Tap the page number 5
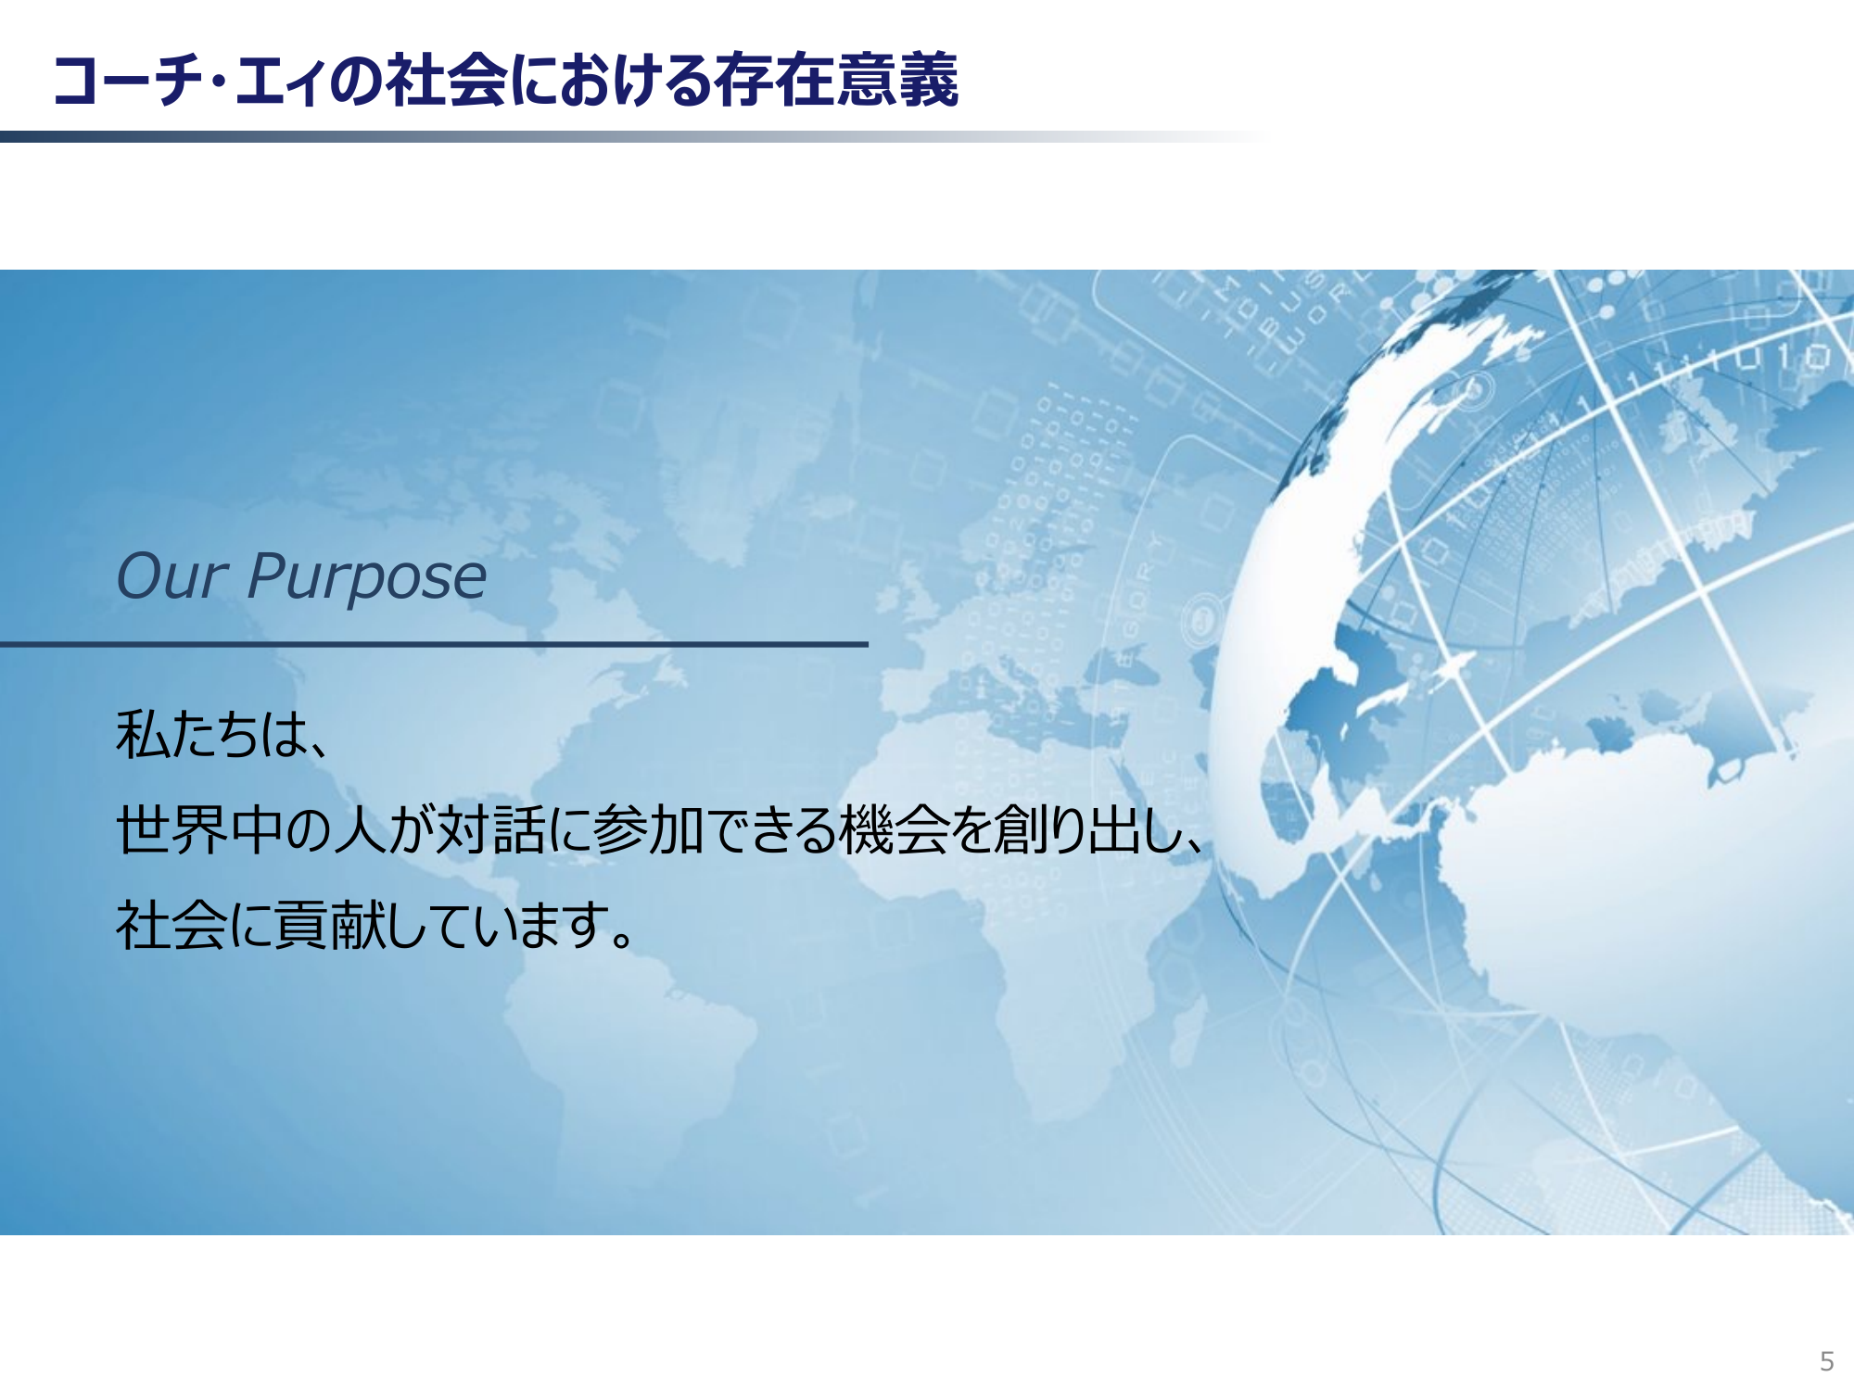point(1826,1361)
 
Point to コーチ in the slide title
point(129,81)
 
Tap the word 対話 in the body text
point(490,829)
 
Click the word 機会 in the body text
point(894,829)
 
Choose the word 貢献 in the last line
point(329,925)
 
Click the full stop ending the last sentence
point(623,939)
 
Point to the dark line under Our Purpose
point(434,644)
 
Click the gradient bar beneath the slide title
point(630,136)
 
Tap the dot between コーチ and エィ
point(219,82)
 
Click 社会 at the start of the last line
point(171,925)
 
